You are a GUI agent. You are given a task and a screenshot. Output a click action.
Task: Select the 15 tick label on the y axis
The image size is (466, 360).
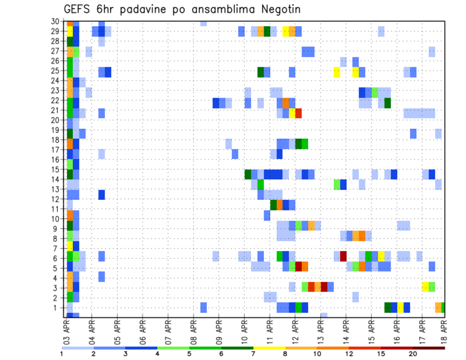click(55, 169)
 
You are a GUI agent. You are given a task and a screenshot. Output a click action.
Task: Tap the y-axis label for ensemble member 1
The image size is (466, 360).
click(57, 308)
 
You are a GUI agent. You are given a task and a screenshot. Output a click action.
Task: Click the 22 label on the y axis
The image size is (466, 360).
click(55, 100)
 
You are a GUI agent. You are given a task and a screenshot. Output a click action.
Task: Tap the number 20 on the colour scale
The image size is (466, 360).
click(413, 354)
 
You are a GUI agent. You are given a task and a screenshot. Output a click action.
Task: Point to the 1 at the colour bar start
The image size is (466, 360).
click(62, 354)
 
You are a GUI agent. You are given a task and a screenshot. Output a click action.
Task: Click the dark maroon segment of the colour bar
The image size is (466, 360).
click(429, 347)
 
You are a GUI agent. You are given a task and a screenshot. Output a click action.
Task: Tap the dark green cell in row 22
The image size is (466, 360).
click(387, 103)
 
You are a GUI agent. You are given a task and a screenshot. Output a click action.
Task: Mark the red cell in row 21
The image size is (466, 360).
click(299, 113)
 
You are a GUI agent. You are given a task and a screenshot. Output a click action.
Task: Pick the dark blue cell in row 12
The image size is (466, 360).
click(101, 195)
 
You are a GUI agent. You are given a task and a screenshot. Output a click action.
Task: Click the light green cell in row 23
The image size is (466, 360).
click(375, 92)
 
